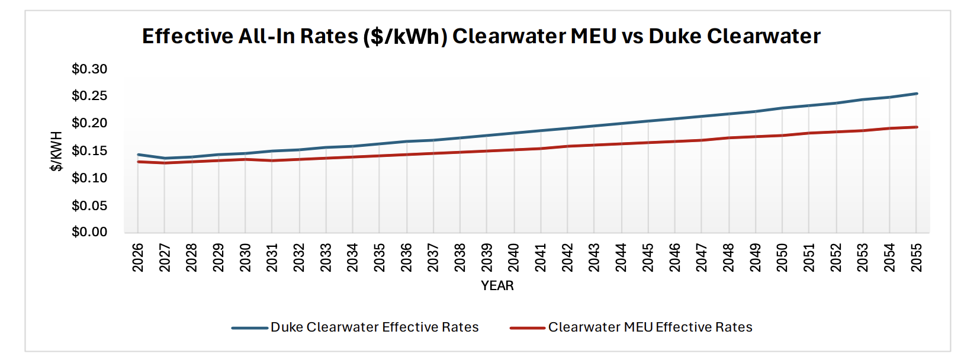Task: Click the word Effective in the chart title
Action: (x=188, y=37)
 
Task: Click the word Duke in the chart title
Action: (x=674, y=37)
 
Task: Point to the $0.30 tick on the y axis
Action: (x=89, y=69)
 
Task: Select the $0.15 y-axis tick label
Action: (x=89, y=151)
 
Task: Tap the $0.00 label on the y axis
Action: (x=89, y=232)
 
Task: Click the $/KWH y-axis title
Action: (x=56, y=152)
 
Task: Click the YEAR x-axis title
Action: (x=497, y=286)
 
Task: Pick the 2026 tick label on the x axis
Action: (x=138, y=258)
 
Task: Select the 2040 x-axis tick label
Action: (x=514, y=258)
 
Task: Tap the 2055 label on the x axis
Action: (x=917, y=258)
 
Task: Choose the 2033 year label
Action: (x=326, y=258)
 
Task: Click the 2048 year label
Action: (x=728, y=258)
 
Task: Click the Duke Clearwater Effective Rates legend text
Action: (x=374, y=327)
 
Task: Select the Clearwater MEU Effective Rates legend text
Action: (x=650, y=327)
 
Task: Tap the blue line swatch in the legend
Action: (x=249, y=328)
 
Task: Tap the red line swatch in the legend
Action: (x=527, y=328)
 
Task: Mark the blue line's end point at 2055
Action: (x=917, y=94)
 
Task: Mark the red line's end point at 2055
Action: (x=917, y=127)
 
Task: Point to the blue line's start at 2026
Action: (x=138, y=155)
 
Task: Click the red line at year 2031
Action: (x=272, y=160)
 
